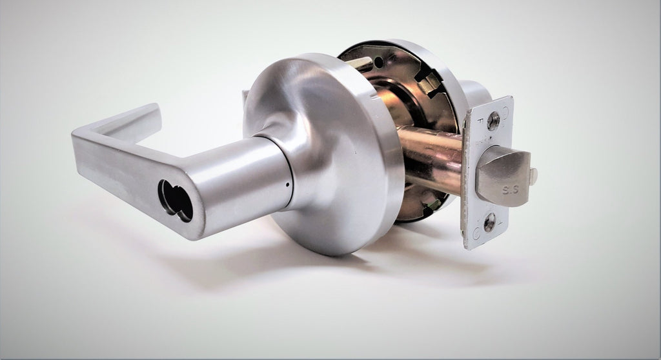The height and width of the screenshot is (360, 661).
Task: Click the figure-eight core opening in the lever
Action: point(175,201)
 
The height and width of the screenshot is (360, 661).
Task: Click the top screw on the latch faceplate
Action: point(493,121)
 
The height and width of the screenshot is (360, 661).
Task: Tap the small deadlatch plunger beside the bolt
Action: point(533,175)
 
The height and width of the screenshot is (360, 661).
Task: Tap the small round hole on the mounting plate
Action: point(379,63)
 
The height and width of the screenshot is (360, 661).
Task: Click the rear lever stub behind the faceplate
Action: point(474,94)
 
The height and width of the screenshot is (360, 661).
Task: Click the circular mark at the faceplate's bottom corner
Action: point(475,233)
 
